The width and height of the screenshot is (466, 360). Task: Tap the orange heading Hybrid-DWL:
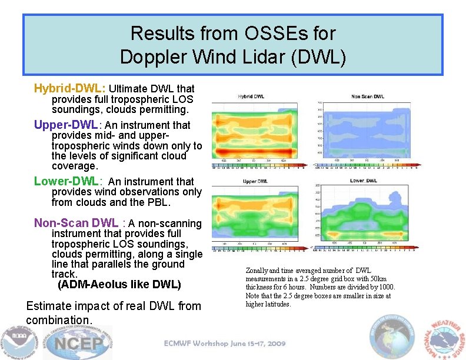pos(70,88)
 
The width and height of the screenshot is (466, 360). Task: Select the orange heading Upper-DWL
pos(66,125)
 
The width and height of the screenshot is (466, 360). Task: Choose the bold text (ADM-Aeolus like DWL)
pos(119,285)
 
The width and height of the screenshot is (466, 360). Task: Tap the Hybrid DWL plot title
pos(251,96)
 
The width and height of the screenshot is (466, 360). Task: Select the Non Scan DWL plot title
pos(368,96)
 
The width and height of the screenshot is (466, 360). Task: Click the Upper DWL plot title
pos(255,181)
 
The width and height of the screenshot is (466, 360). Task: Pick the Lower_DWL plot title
pos(365,181)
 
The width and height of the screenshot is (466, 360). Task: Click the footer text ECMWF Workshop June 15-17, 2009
pos(225,344)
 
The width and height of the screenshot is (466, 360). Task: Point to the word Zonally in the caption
pos(257,271)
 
